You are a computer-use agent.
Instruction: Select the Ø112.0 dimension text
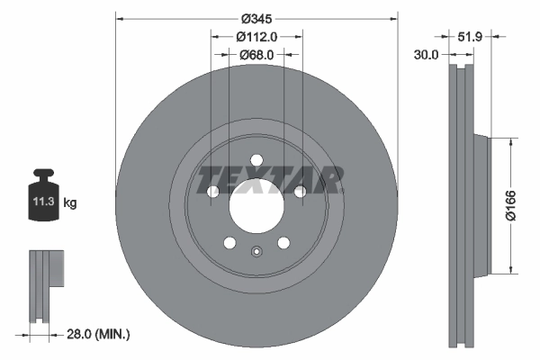256,37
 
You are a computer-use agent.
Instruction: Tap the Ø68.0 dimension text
256,55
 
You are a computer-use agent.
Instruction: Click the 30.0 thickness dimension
426,55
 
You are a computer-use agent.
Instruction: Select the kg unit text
70,203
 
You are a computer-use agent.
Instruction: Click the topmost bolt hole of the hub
256,161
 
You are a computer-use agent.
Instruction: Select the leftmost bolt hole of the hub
212,192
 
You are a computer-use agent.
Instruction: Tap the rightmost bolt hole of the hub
300,191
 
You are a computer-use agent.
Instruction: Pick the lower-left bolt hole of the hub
229,243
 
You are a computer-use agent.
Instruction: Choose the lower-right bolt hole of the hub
283,243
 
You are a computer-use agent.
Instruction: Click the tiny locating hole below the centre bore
256,252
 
